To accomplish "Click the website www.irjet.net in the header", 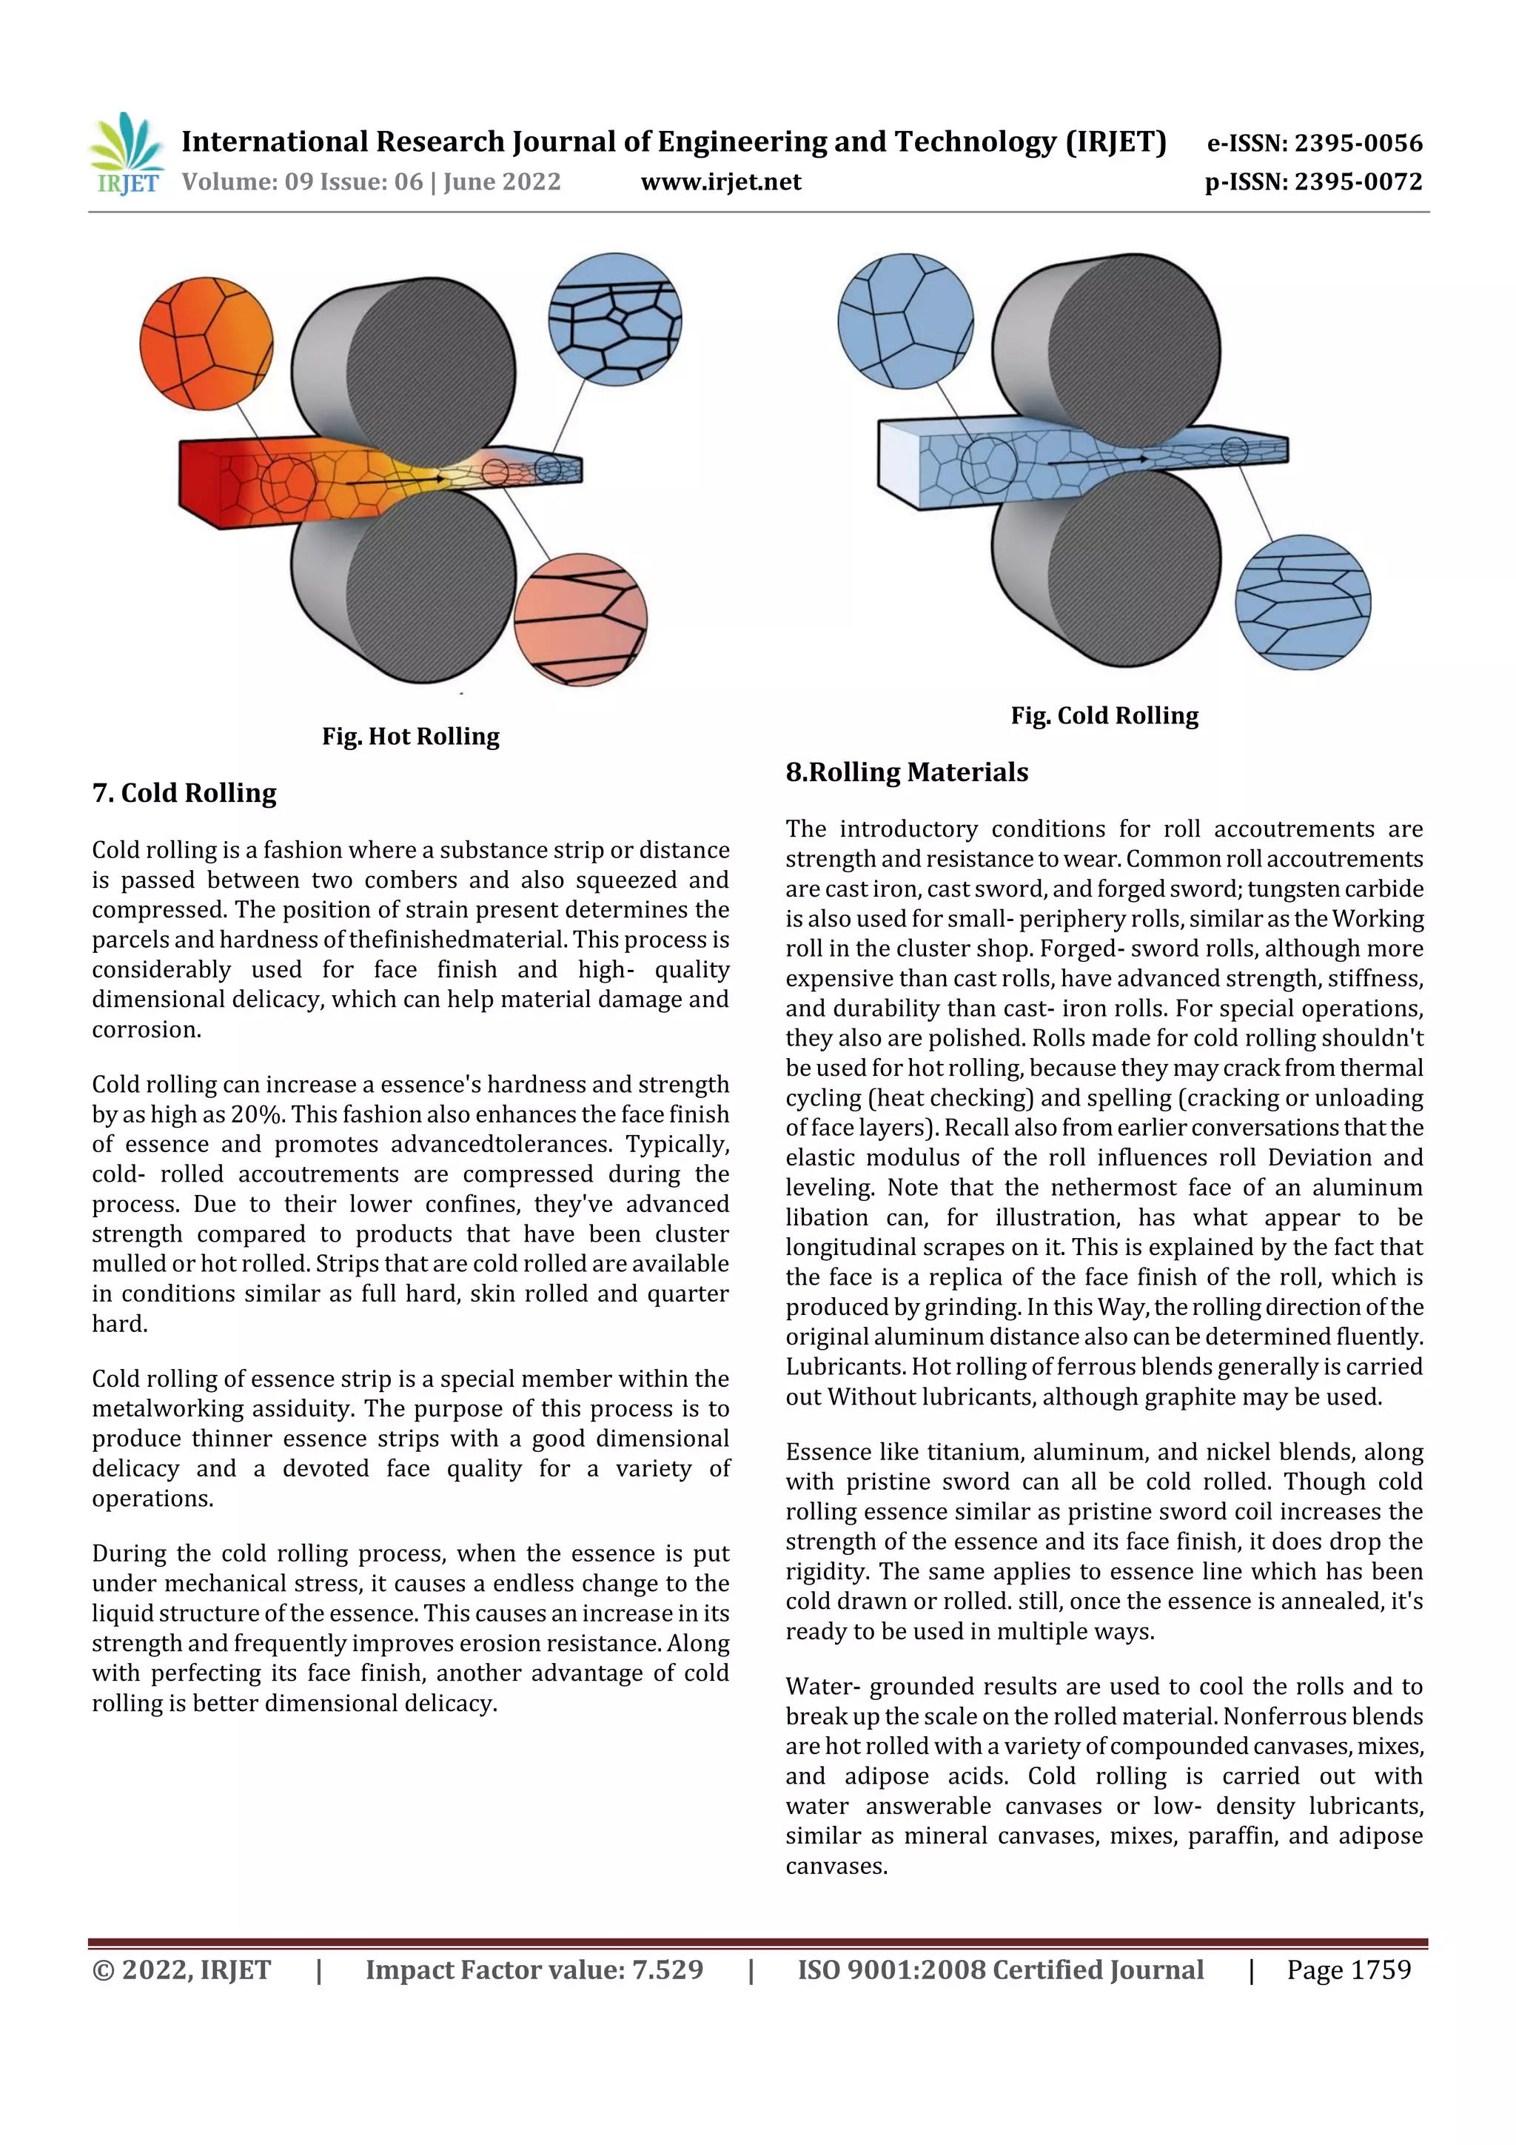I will [720, 182].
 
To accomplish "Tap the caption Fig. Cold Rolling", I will [1104, 716].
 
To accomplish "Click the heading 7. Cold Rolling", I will [184, 793].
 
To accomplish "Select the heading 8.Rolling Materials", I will [906, 772].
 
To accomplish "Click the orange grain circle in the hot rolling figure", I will [207, 343].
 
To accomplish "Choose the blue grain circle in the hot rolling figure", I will [614, 318].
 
